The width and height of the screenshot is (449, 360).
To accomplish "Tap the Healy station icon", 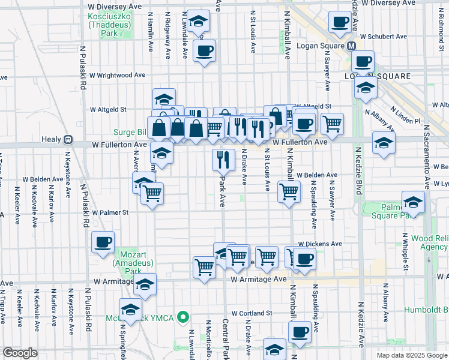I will [x=68, y=139].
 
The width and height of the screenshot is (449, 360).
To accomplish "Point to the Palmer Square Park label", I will [x=393, y=211].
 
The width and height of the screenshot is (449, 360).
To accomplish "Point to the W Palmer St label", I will [x=110, y=212].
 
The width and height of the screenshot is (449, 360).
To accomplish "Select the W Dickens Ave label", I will [x=321, y=244].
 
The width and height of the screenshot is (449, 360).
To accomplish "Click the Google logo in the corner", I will [x=20, y=353].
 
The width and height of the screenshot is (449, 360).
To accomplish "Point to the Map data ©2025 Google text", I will [x=412, y=355].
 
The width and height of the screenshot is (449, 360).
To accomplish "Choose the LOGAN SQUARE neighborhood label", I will [x=377, y=76].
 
